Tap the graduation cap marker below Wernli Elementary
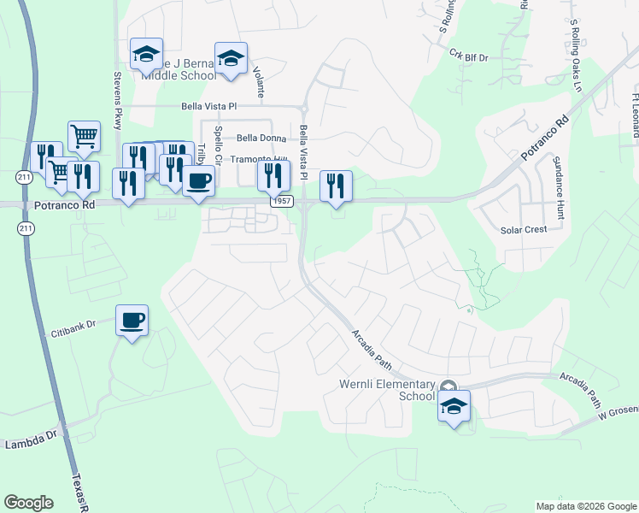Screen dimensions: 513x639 coord(454,406)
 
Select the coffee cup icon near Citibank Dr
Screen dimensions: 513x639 coord(132,321)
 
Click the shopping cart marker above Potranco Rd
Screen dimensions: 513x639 coord(84,136)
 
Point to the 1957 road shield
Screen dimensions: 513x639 coord(282,201)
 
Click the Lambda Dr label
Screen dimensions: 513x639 coord(30,444)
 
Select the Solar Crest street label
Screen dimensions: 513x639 coord(523,230)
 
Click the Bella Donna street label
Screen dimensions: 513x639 coord(261,138)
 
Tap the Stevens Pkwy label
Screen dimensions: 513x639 coord(118,98)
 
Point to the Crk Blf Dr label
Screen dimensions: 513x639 coord(468,56)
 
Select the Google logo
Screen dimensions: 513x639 coord(28,503)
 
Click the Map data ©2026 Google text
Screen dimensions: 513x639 coord(586,506)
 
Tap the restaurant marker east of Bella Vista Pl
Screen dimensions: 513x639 coord(334,186)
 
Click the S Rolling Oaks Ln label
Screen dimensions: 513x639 coord(576,56)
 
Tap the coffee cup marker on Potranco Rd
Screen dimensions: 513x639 coord(198,181)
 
